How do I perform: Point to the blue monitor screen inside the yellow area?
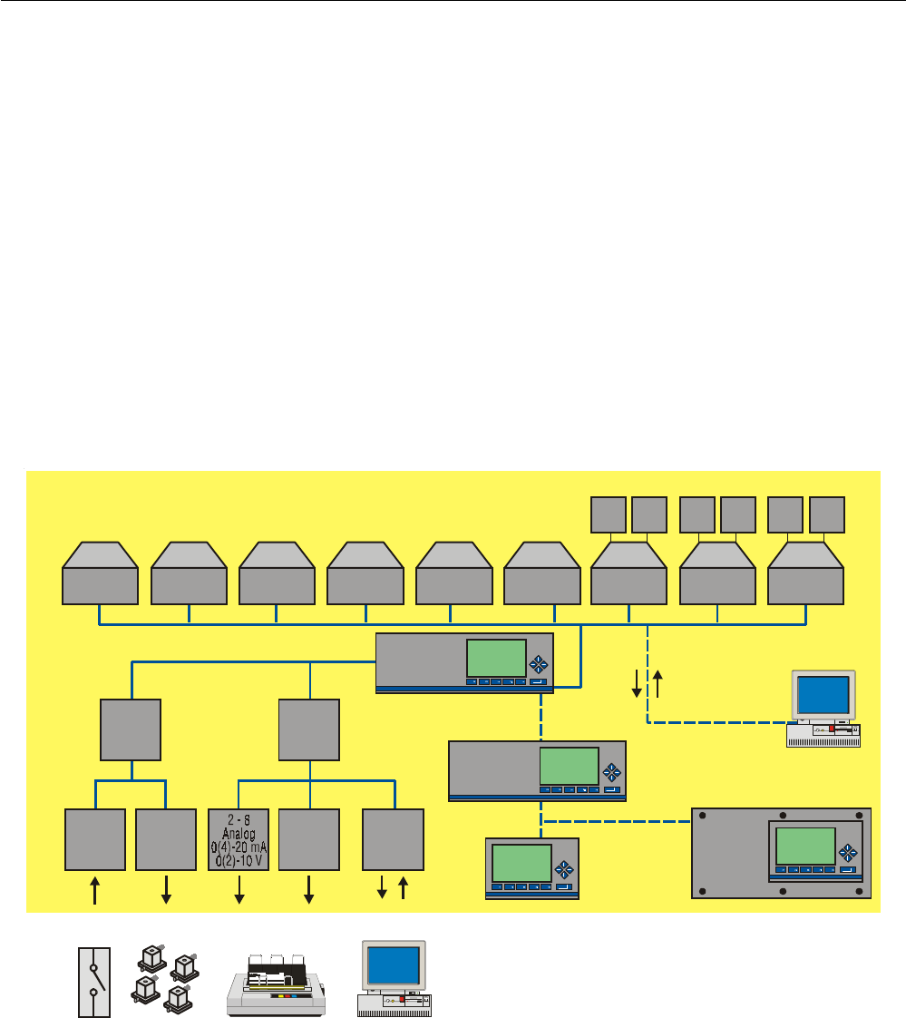click(x=823, y=695)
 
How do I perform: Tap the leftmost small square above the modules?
click(x=609, y=514)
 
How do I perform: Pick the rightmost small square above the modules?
click(x=827, y=514)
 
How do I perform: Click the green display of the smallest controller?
click(x=521, y=862)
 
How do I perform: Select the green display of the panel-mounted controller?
click(x=804, y=845)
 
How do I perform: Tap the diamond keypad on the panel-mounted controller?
click(x=849, y=852)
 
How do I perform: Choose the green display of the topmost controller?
click(x=496, y=657)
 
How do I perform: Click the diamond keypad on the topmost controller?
click(x=540, y=662)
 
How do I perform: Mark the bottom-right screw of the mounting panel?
click(x=858, y=890)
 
